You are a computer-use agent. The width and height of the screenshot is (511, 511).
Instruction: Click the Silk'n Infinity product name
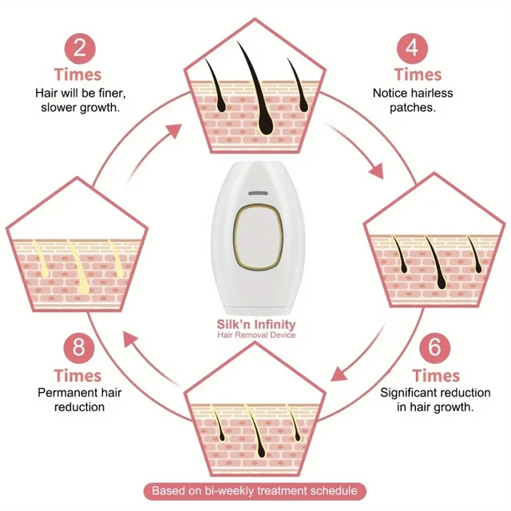coord(256,324)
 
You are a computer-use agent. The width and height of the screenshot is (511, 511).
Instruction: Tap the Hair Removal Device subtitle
coord(256,335)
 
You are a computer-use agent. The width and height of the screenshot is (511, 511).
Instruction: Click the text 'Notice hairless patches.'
coord(413,100)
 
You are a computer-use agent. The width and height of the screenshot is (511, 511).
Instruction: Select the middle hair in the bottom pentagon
coord(254,422)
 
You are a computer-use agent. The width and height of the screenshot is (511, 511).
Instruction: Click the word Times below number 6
coord(437,375)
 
